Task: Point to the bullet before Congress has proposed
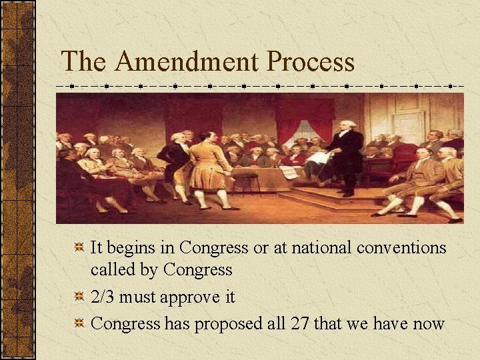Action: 79,324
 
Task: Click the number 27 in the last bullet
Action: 300,324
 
